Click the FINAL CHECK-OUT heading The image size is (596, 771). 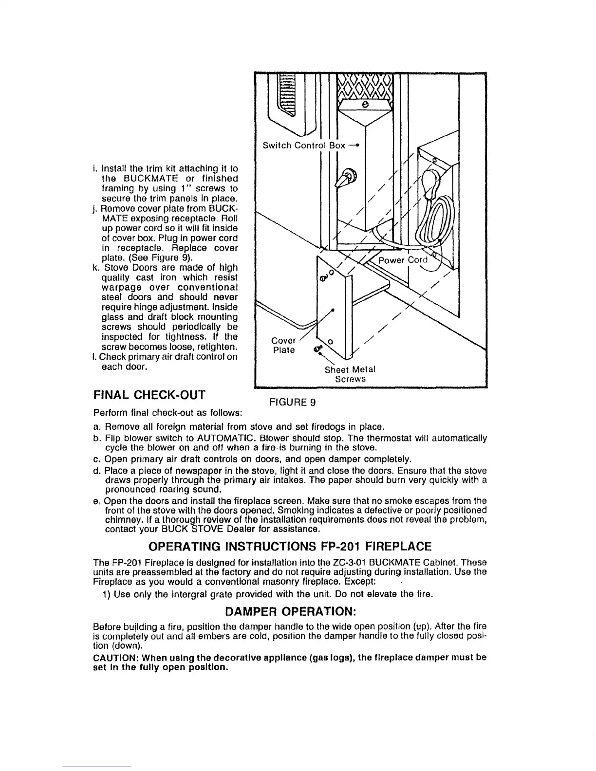coord(149,395)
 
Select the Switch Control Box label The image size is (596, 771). coord(304,146)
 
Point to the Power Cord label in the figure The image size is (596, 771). coord(403,260)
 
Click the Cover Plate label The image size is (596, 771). coord(283,345)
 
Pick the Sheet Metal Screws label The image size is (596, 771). coord(350,374)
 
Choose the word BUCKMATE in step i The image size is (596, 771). coord(143,179)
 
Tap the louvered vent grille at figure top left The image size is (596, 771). coord(286,95)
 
